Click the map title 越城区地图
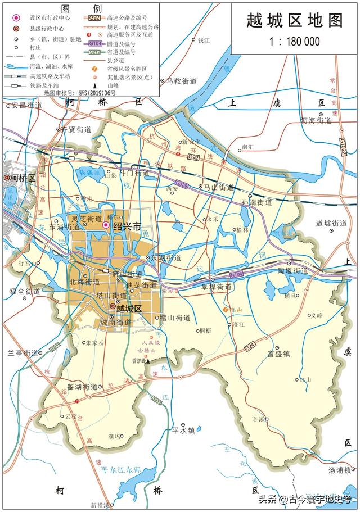click(x=294, y=21)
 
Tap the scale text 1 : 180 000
click(x=294, y=41)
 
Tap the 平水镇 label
click(x=183, y=431)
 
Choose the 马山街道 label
click(x=218, y=187)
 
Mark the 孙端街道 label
click(x=256, y=201)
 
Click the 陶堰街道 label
click(x=292, y=270)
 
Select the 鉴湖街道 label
click(x=83, y=387)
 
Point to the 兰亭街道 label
click(x=22, y=353)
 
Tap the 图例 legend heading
click(x=81, y=8)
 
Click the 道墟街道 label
click(x=331, y=223)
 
